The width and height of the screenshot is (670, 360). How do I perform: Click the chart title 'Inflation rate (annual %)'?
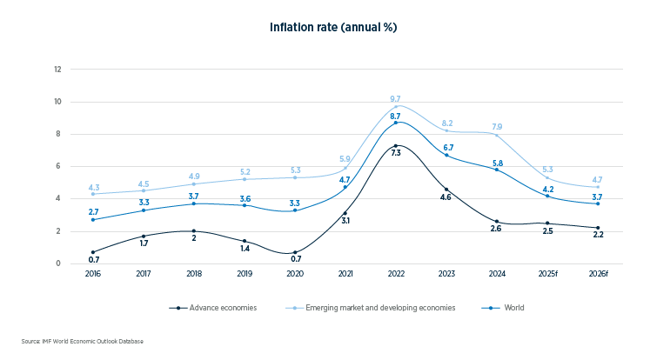[334, 27]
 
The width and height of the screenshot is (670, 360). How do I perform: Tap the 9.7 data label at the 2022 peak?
[396, 98]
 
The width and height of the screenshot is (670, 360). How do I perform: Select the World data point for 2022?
[396, 123]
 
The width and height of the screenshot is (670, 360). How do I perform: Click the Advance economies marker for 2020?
[295, 252]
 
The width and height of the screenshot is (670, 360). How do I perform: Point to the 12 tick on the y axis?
[57, 69]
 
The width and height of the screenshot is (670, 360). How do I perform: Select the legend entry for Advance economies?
[211, 308]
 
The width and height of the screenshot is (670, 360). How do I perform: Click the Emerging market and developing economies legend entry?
[369, 308]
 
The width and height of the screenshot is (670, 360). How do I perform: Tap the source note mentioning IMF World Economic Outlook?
[83, 342]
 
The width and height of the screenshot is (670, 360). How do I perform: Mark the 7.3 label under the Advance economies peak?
[396, 153]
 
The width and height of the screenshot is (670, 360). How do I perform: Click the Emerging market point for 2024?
[496, 135]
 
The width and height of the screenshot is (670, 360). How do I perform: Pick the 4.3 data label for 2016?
[93, 187]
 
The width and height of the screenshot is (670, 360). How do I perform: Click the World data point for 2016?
[93, 219]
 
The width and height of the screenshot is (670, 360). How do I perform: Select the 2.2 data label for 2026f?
[597, 236]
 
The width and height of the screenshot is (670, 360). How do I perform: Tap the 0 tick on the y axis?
[57, 263]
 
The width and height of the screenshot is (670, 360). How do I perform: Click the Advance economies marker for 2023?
[446, 189]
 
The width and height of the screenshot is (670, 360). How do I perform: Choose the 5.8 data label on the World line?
[496, 163]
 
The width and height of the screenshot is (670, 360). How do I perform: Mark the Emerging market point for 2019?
[245, 179]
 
